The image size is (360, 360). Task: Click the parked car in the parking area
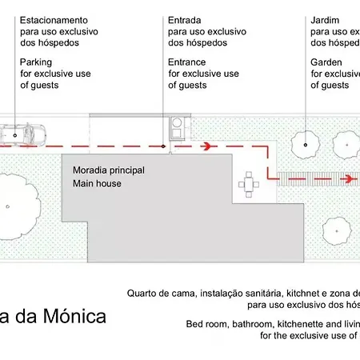[x=23, y=133]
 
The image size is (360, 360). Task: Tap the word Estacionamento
[x=54, y=18]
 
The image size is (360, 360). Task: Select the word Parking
[x=37, y=62]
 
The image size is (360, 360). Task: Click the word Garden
[x=327, y=62]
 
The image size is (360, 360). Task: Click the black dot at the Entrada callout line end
[x=163, y=146]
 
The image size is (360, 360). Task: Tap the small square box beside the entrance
[x=178, y=125]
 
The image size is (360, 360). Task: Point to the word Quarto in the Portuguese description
[x=143, y=293]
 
